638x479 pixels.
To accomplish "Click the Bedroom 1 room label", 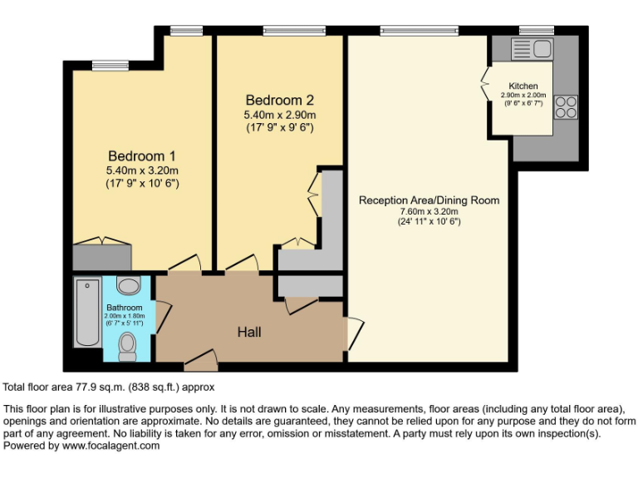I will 142,156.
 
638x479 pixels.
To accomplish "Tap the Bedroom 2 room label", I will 280,100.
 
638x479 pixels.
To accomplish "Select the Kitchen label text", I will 523,86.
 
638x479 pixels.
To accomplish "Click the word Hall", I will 249,332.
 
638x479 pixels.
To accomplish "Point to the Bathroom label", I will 124,308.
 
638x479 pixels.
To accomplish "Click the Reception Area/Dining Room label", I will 429,200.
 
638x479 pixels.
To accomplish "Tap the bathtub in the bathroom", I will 86,313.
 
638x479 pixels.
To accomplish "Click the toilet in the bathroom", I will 127,345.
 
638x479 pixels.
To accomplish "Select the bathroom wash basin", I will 128,287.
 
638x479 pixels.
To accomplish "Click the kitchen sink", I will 534,49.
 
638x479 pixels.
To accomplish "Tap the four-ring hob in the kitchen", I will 566,107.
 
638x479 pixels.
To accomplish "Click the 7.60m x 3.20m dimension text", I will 429,211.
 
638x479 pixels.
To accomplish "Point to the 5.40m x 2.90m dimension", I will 280,115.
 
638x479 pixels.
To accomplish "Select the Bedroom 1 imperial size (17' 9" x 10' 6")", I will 142,183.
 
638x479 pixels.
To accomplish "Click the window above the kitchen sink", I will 531,31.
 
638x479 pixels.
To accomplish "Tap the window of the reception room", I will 419,31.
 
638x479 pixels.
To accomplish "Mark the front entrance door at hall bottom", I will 199,359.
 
